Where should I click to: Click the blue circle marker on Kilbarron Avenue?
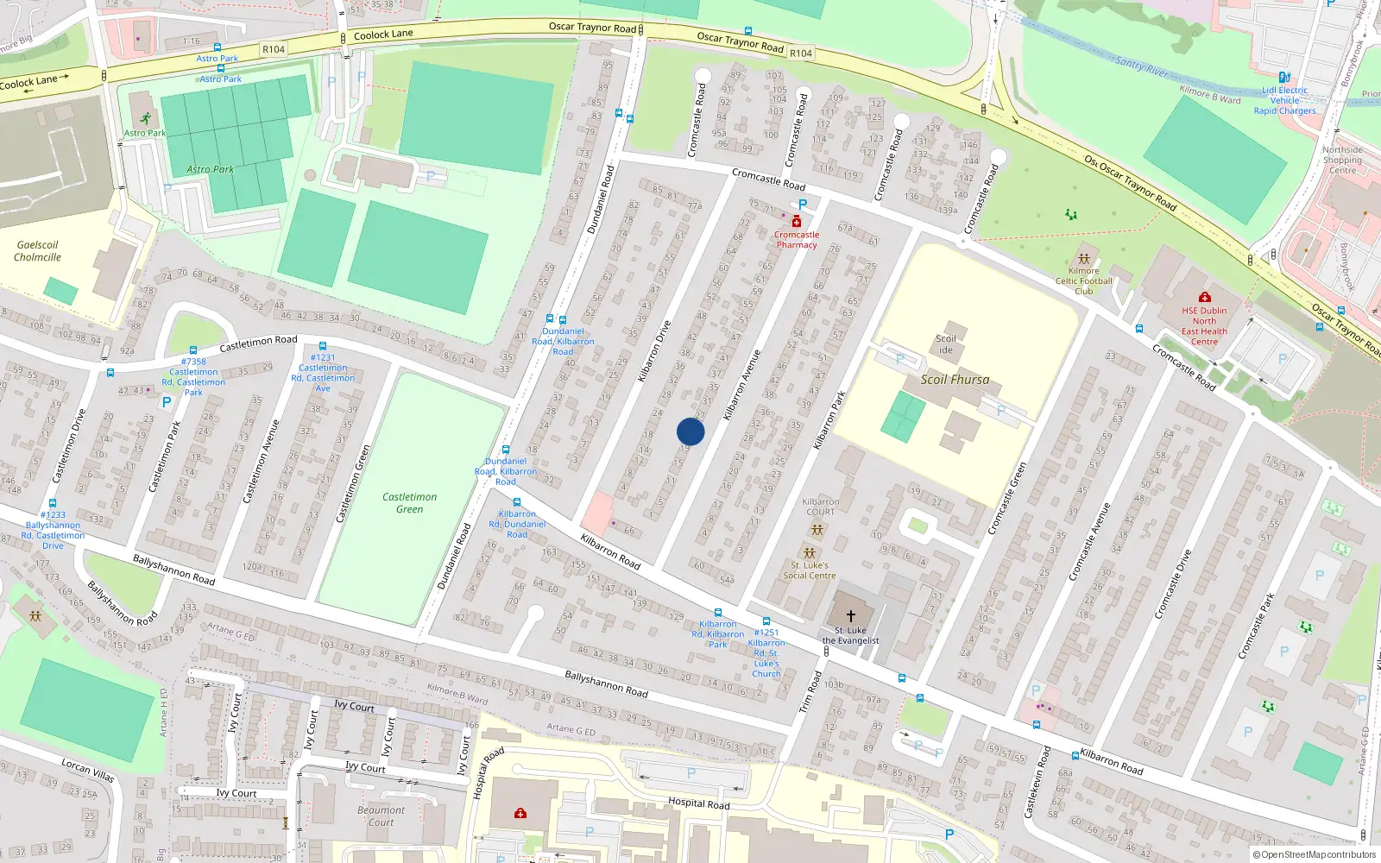pyautogui.click(x=690, y=431)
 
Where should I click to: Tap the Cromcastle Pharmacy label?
pyautogui.click(x=796, y=240)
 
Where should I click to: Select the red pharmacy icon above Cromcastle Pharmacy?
pyautogui.click(x=796, y=222)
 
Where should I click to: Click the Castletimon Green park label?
pyautogui.click(x=409, y=503)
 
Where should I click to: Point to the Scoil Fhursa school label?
pyautogui.click(x=955, y=380)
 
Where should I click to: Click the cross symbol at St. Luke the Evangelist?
pyautogui.click(x=850, y=616)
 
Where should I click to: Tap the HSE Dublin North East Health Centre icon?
pyautogui.click(x=1204, y=298)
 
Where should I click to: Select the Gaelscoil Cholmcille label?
pyautogui.click(x=37, y=251)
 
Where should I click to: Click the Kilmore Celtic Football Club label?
pyautogui.click(x=1084, y=281)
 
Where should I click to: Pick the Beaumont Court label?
pyautogui.click(x=381, y=816)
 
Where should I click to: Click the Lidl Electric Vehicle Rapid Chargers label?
pyautogui.click(x=1284, y=101)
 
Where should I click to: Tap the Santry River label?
pyautogui.click(x=1141, y=66)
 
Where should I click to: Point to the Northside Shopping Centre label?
pyautogui.click(x=1342, y=161)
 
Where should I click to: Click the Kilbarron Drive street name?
pyautogui.click(x=654, y=352)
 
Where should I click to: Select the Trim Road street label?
pyautogui.click(x=810, y=692)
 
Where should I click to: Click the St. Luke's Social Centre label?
pyautogui.click(x=809, y=570)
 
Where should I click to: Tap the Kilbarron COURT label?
pyautogui.click(x=820, y=507)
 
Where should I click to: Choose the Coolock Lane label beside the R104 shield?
pyautogui.click(x=383, y=35)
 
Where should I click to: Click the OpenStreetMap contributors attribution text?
pyautogui.click(x=1315, y=854)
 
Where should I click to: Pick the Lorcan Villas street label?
pyautogui.click(x=88, y=770)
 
